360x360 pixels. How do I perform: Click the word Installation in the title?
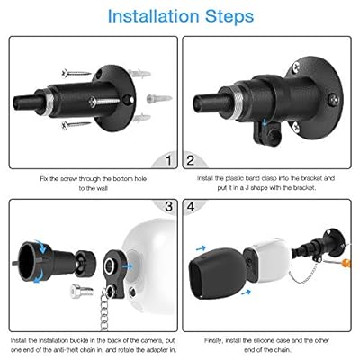coord(153,16)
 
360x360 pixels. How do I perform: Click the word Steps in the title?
coord(229,17)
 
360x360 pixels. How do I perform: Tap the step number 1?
coord(168,160)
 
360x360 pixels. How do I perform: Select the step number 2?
coord(191,160)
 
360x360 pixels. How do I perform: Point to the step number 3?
coord(169,207)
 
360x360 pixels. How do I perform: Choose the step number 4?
coord(191,207)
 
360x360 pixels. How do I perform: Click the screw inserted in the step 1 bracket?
coord(104,103)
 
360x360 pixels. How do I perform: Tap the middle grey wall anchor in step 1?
coord(159,98)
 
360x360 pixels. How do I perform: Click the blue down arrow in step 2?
coord(265,121)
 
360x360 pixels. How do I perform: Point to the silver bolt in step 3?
coord(82,292)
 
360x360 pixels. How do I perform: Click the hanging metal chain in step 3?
coord(104,309)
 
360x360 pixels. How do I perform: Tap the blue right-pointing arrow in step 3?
coord(128,266)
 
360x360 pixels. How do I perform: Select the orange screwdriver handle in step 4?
coord(346,264)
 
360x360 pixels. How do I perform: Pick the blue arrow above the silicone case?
coord(201,248)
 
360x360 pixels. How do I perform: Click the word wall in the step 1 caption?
coord(102,188)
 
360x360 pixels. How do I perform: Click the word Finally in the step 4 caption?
coord(213,341)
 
